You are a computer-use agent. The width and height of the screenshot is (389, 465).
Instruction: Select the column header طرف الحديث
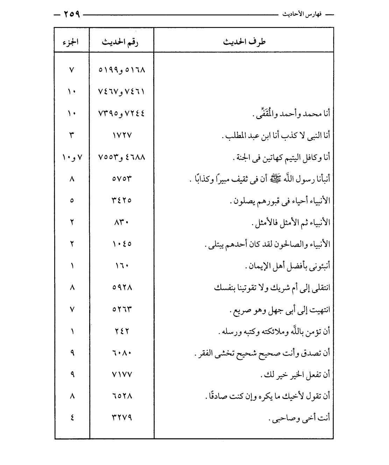coord(244,42)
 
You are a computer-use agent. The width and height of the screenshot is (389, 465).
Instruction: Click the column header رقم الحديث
coord(121,42)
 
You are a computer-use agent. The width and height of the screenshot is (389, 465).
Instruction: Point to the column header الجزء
coord(72,42)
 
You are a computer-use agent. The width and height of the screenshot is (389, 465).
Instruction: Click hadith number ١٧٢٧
coord(122,135)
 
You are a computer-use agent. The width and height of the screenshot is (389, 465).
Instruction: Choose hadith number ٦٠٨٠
coord(122,353)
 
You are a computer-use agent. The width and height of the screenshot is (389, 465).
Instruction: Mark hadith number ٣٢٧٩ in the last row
coord(122,418)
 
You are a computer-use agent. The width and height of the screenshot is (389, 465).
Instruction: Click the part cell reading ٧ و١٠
coord(72,157)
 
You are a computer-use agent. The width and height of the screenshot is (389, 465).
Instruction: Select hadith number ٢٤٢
coord(122,331)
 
